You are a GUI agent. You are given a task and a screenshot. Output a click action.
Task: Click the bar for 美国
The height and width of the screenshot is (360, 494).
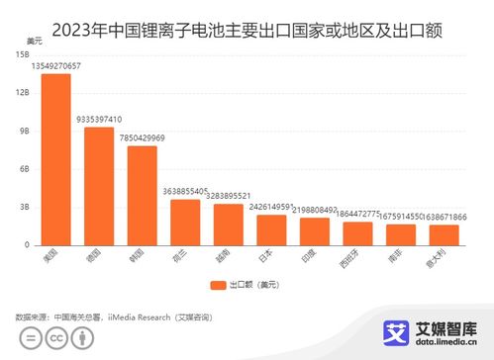pyautogui.click(x=56, y=159)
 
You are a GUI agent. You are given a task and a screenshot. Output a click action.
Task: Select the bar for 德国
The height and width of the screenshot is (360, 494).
pyautogui.click(x=99, y=186)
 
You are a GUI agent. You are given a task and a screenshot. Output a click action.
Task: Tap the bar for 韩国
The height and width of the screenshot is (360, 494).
pyautogui.click(x=142, y=195)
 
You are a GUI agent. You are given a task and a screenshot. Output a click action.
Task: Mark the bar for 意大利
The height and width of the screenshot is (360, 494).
pyautogui.click(x=443, y=234)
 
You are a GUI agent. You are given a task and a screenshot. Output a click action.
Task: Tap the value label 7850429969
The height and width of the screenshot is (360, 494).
pyautogui.click(x=142, y=138)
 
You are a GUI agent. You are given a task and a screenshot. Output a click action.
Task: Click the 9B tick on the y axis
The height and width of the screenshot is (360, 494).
pyautogui.click(x=25, y=131)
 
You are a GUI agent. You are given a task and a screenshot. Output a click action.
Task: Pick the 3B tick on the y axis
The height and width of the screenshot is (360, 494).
pyautogui.click(x=25, y=207)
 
